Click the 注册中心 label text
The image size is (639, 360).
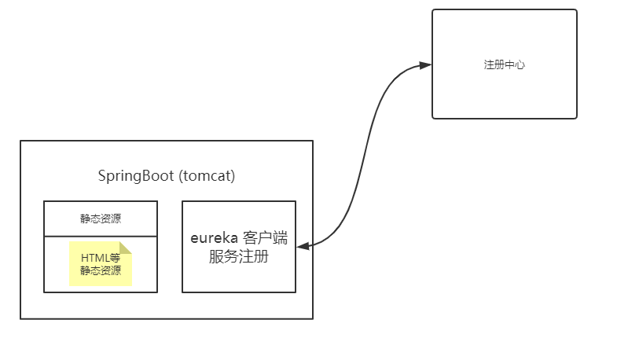coord(504,64)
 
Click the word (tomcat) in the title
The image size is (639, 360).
coord(207,176)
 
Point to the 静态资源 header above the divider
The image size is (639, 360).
coord(101,219)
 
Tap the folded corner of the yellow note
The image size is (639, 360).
coord(126,248)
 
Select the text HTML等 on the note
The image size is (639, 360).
coord(100,258)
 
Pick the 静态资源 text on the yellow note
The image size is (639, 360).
coord(100,271)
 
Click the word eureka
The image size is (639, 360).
coord(215,238)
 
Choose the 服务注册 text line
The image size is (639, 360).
coord(239,256)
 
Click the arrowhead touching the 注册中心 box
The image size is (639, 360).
coord(425,65)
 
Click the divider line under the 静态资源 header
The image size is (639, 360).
coord(101,236)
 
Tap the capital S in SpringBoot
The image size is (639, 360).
coord(102,176)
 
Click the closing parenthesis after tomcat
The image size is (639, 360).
coord(233,176)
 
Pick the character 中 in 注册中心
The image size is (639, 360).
coord(509,64)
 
